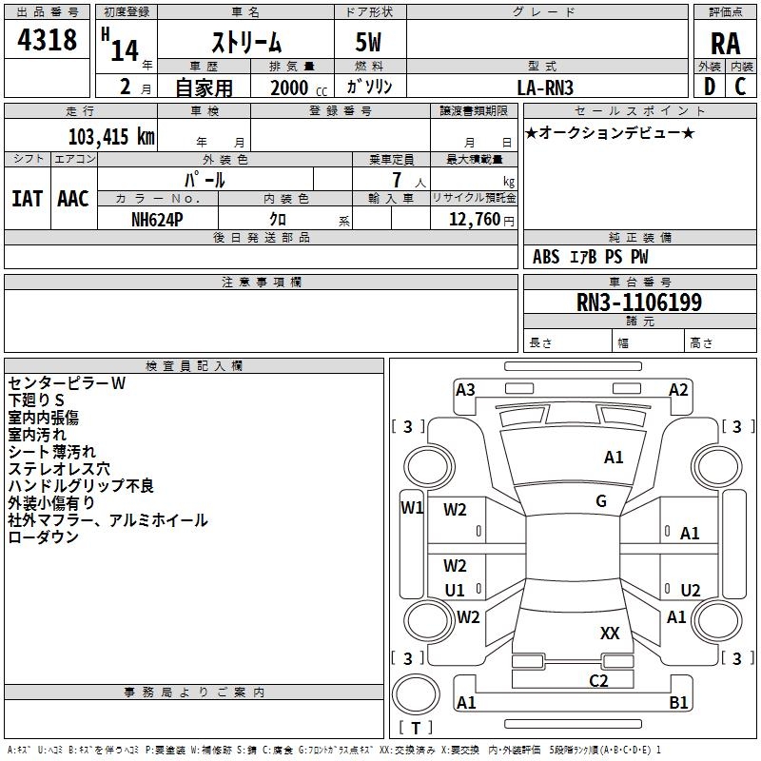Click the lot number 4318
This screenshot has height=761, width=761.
click(47, 39)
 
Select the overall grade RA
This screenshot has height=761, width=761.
click(725, 44)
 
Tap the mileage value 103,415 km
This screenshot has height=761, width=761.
click(111, 137)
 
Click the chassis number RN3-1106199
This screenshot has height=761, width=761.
click(638, 302)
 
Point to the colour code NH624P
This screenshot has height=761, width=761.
click(157, 220)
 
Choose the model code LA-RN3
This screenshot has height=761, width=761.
click(545, 88)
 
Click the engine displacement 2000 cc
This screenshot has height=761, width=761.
click(299, 88)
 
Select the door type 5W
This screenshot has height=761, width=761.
click(368, 42)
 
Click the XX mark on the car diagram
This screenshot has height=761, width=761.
click(610, 633)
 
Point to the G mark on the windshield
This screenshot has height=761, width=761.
click(601, 500)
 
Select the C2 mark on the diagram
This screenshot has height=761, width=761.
click(598, 681)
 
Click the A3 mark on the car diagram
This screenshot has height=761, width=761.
click(465, 390)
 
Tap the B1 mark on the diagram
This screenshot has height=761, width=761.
click(678, 702)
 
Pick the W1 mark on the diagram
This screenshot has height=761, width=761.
click(412, 508)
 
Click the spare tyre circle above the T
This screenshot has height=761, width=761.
click(416, 694)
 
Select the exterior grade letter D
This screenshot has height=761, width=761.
click(710, 87)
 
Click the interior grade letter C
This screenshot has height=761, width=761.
click(740, 87)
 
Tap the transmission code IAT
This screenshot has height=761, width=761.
click(28, 199)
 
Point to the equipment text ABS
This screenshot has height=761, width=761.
click(546, 257)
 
